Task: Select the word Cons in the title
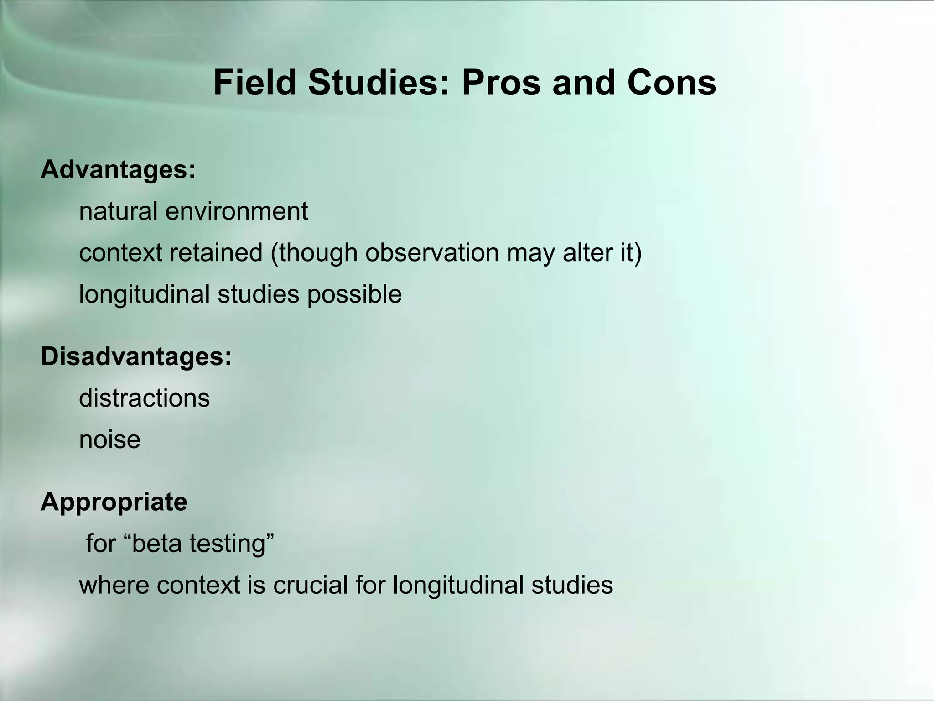pyautogui.click(x=671, y=83)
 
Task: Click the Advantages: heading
pyautogui.click(x=118, y=170)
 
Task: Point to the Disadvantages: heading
pyautogui.click(x=136, y=356)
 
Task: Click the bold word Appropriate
pyautogui.click(x=114, y=502)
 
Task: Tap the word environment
pyautogui.click(x=237, y=211)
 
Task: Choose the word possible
pyautogui.click(x=354, y=294)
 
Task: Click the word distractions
pyautogui.click(x=144, y=398)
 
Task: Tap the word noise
pyautogui.click(x=110, y=439)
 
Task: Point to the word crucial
pyautogui.click(x=311, y=585)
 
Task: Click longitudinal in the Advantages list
pyautogui.click(x=145, y=294)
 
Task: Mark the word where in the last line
pyautogui.click(x=114, y=585)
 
